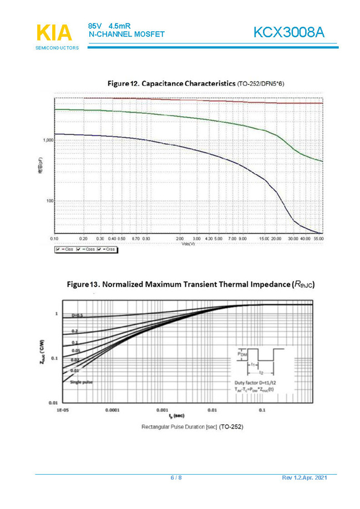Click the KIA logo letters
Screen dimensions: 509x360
pos(55,32)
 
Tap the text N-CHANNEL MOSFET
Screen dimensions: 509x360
pos(126,34)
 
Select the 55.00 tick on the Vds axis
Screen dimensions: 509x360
pos(318,238)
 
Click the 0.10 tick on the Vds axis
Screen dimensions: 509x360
pos(55,238)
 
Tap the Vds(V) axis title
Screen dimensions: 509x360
pos(188,243)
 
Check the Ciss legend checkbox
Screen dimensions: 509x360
pos(58,250)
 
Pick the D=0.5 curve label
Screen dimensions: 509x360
pos(77,315)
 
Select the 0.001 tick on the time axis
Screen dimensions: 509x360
pos(162,411)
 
